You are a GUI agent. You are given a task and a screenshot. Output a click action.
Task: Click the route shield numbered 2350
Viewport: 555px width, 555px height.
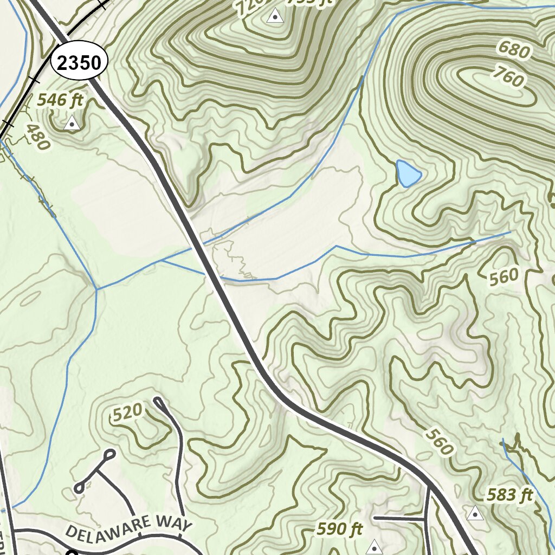[x=79, y=63]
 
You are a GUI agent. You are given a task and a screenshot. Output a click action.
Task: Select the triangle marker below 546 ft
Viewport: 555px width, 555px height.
[x=72, y=124]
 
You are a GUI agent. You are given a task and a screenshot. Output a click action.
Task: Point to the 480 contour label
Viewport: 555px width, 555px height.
[x=38, y=137]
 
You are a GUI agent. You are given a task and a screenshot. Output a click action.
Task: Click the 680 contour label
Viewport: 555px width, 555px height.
[x=513, y=51]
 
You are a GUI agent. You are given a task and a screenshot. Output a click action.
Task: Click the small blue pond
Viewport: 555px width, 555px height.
[x=408, y=173]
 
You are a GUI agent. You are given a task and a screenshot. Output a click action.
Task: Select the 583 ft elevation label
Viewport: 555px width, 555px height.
[x=509, y=495]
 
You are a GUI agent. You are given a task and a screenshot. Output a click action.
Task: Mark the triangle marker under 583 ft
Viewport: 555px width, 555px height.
[x=475, y=513]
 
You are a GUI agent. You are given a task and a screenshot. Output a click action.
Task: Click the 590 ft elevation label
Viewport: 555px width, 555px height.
[x=340, y=529]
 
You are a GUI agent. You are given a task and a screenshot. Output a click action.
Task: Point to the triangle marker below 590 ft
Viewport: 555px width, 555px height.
[x=374, y=547]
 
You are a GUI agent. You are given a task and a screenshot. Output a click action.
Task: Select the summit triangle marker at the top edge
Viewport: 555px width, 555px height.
[x=275, y=16]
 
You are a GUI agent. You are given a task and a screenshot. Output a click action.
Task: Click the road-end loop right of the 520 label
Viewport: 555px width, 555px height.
[x=158, y=402]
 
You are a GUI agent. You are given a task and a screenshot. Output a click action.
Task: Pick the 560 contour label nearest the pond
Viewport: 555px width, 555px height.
[x=504, y=277]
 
